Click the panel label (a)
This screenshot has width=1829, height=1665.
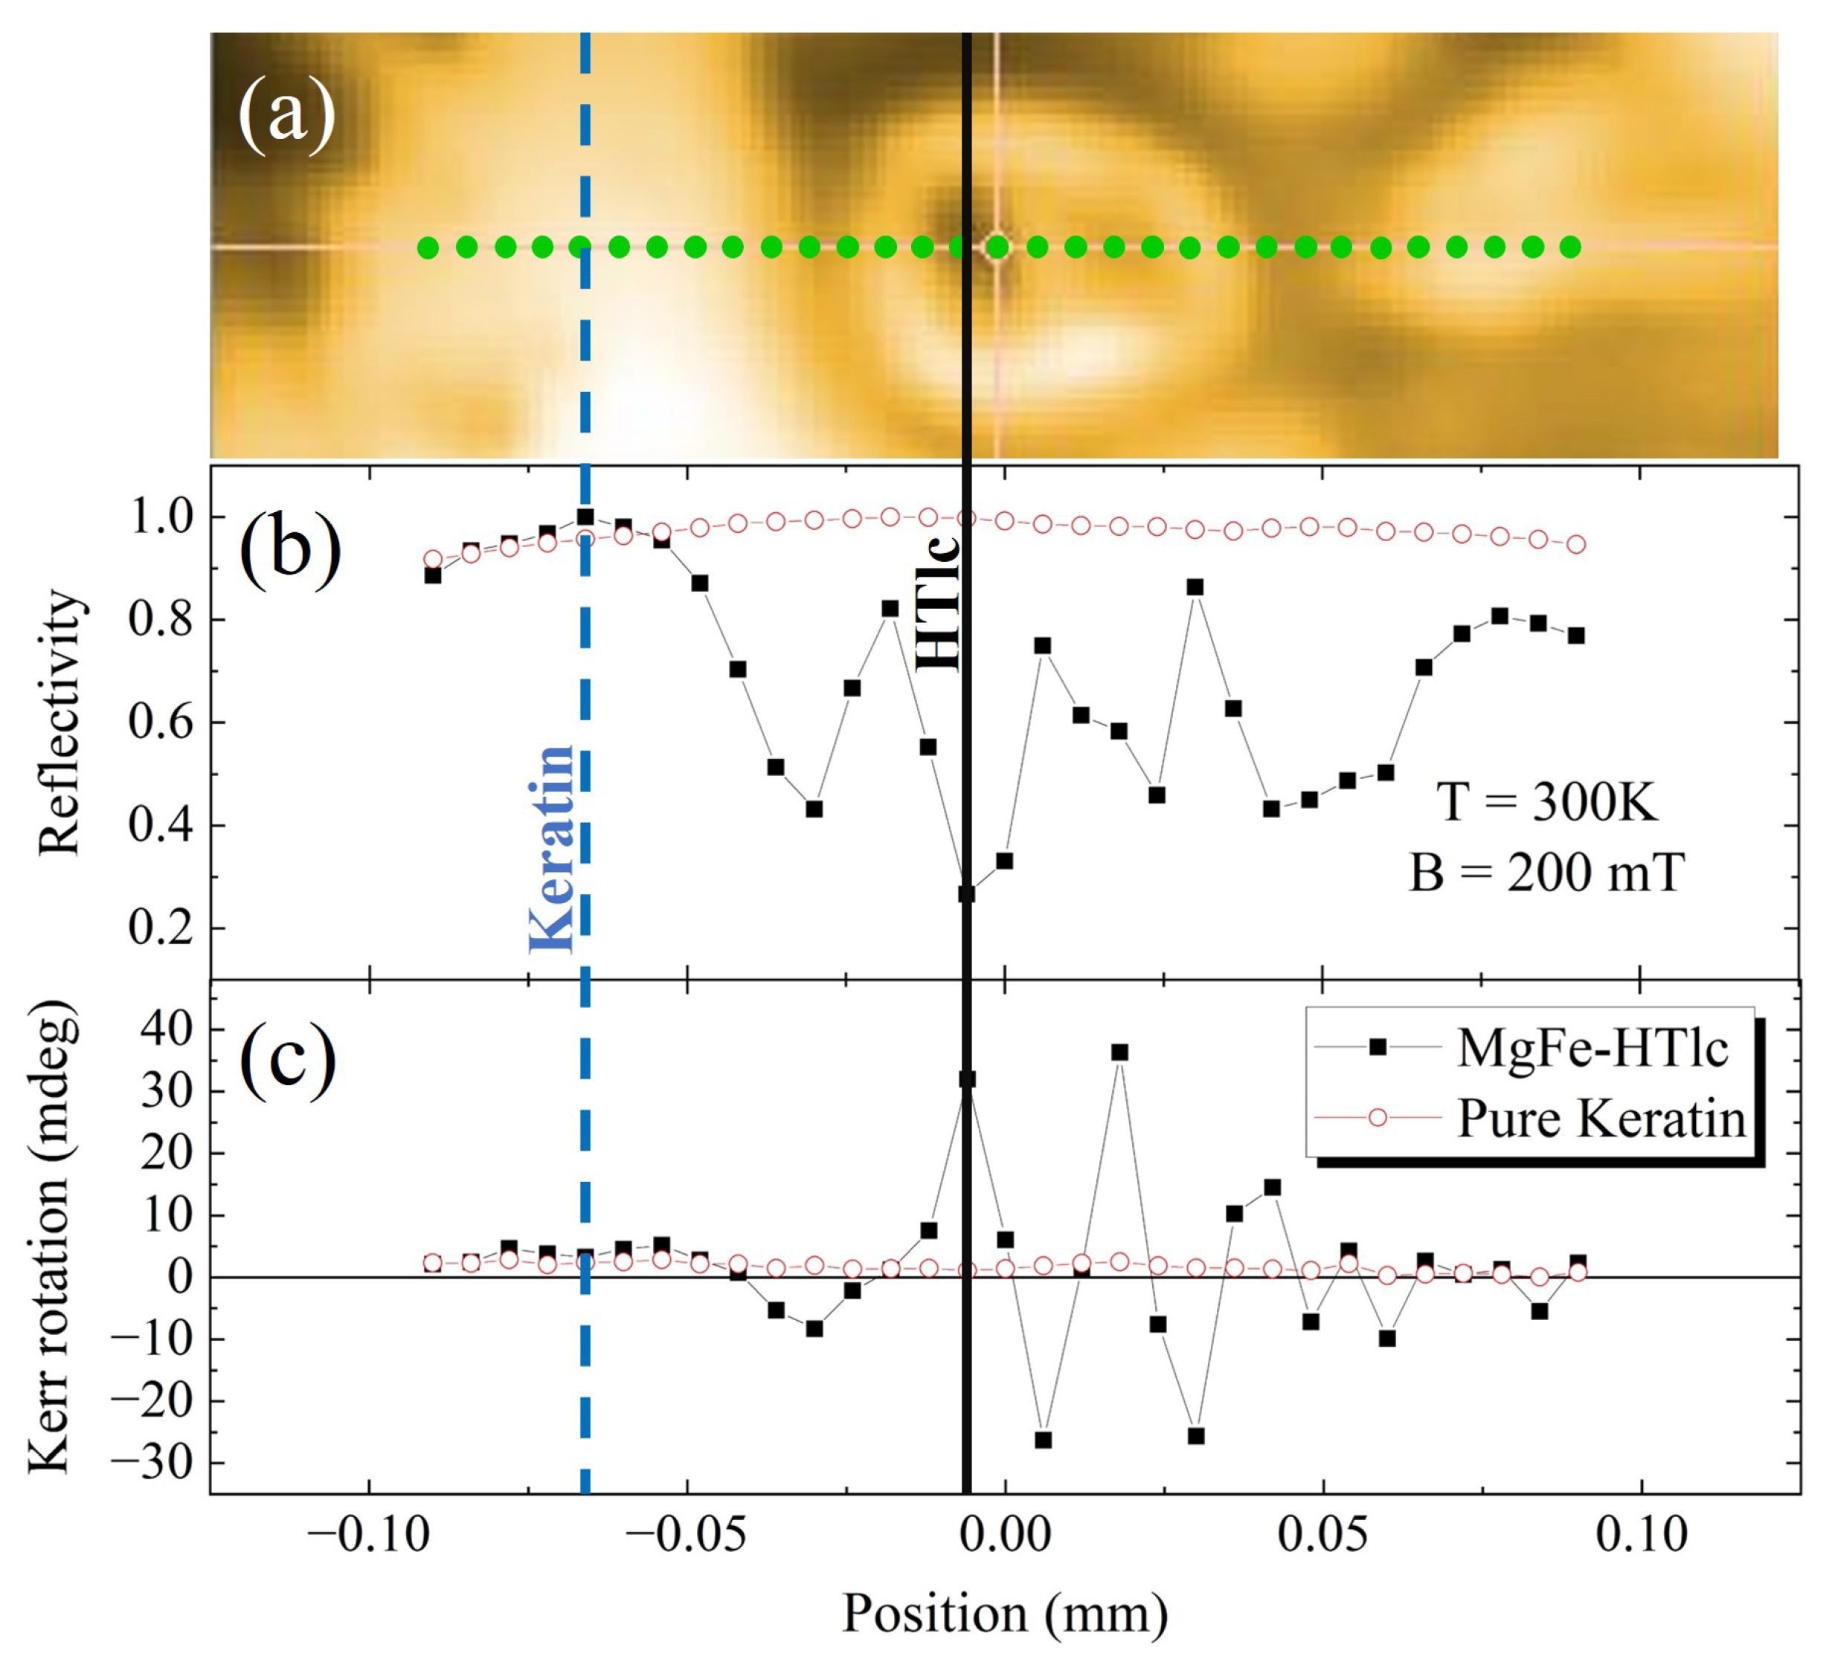286,115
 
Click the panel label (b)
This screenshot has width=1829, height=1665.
289,549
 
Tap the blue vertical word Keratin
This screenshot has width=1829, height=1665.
552,850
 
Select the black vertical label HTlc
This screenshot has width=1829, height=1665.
937,605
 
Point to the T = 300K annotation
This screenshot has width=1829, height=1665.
1548,802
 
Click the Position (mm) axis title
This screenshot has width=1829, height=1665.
1004,1613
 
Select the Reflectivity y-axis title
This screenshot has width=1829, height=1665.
60,722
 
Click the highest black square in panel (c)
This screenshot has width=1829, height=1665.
1119,1052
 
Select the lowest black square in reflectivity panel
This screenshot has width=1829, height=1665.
967,894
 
